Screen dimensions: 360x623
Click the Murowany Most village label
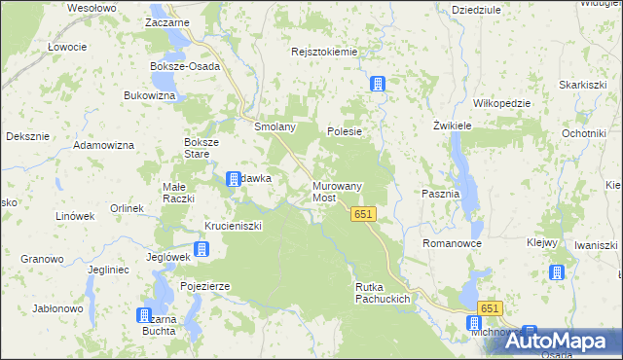[x=337, y=191]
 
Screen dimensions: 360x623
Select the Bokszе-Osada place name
[x=185, y=66]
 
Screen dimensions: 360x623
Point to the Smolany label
[x=275, y=127]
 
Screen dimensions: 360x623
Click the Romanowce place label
[x=452, y=243]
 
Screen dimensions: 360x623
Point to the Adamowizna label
[x=103, y=145]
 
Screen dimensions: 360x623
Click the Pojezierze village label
[x=204, y=286]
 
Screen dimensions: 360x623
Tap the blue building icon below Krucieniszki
[x=201, y=250]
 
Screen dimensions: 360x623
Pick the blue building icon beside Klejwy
[x=557, y=273]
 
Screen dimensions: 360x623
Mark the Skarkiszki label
[x=582, y=85]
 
